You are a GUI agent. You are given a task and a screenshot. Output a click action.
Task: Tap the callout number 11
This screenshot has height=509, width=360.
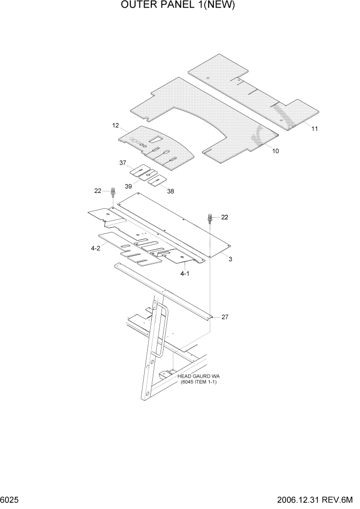coord(314,129)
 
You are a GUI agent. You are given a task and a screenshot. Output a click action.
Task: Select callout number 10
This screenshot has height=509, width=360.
coord(275,151)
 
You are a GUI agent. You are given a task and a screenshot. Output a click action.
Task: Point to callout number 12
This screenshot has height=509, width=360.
coord(115,125)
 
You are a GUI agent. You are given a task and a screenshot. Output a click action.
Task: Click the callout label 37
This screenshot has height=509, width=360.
coord(123,163)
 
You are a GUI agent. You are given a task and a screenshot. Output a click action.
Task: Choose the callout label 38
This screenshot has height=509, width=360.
coord(170,191)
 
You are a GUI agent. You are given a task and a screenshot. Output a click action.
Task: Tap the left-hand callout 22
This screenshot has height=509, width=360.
coord(97,191)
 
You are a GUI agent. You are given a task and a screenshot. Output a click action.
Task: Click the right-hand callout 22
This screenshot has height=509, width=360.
coord(224,217)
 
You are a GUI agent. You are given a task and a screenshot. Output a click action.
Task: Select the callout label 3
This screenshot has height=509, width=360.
coord(230,260)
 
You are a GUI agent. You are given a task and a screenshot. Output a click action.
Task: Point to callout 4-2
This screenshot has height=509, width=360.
coord(95,249)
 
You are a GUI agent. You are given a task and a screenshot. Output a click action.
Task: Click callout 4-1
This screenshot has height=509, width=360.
coord(185,274)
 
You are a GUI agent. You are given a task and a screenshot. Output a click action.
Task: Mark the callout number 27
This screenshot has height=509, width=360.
coord(225,317)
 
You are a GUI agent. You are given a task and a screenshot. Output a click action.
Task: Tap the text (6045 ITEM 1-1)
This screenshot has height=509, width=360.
coord(198,382)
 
